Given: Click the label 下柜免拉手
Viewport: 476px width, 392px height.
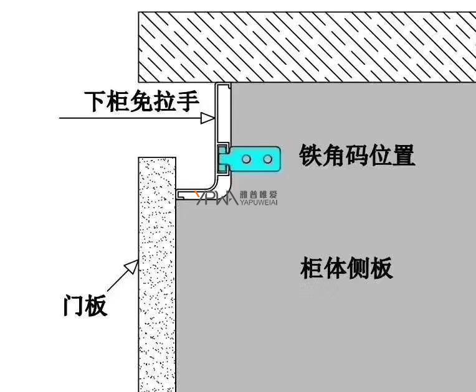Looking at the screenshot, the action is click(x=141, y=101).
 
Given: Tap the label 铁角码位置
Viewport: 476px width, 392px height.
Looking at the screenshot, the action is click(x=357, y=155).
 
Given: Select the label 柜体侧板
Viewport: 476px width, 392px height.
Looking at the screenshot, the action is click(x=346, y=268).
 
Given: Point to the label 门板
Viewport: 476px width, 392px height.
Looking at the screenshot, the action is click(x=85, y=306).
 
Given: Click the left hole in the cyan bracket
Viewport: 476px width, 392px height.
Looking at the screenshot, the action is click(x=247, y=159).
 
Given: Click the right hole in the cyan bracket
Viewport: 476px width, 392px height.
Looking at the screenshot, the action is click(x=268, y=159).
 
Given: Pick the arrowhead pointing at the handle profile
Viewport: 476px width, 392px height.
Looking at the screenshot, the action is click(x=208, y=118).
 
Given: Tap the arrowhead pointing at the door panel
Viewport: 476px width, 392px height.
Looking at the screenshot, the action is click(x=132, y=266).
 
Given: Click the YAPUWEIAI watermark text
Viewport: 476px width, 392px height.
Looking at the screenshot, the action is click(x=259, y=202).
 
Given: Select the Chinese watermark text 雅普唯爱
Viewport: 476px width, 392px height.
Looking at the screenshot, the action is click(x=259, y=195).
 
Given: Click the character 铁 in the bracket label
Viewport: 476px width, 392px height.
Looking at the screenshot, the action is click(x=310, y=155).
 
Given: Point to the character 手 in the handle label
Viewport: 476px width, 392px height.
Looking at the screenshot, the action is click(x=188, y=101).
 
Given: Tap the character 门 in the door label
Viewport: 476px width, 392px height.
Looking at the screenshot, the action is click(x=74, y=306).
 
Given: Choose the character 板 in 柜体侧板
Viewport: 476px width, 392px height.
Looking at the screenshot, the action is click(x=381, y=268).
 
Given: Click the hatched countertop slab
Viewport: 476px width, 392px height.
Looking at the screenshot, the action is click(x=307, y=47).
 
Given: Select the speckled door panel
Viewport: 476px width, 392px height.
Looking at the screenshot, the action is click(x=157, y=274).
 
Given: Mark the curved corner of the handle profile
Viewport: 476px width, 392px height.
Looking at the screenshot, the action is click(x=223, y=185).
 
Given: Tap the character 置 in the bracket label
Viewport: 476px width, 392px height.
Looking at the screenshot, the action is click(x=404, y=155).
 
